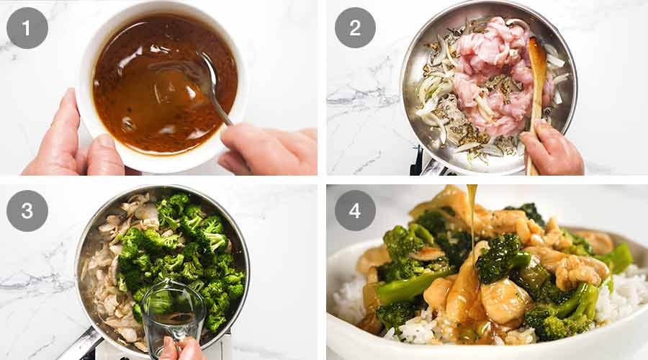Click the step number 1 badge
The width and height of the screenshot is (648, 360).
(27, 27)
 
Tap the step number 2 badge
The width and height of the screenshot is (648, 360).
(354, 27)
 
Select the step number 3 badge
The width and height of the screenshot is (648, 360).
(27, 211)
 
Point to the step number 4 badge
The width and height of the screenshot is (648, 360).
(354, 211)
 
